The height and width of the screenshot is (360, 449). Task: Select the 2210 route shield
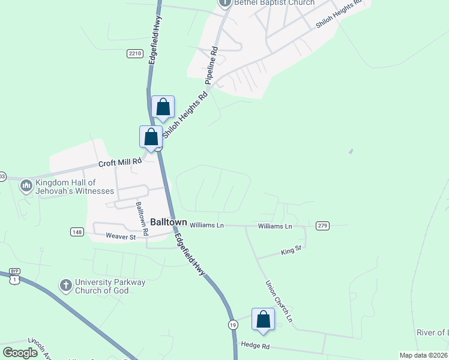tap(134, 53)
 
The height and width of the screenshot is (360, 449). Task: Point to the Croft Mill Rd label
tap(120, 162)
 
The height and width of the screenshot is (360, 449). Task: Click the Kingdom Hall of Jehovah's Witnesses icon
tap(26, 187)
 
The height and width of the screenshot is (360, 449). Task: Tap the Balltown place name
tap(168, 221)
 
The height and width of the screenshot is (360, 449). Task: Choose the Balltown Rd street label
tap(142, 218)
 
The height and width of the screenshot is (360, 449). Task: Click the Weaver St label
tap(121, 237)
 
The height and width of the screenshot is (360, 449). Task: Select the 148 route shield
tap(77, 232)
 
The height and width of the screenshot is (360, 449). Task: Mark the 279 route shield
tap(322, 225)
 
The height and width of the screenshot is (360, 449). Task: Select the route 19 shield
tap(233, 325)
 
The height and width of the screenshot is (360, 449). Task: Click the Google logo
tap(20, 352)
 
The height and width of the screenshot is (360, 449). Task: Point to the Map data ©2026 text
tap(424, 355)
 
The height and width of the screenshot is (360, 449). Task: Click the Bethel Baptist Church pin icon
tap(224, 3)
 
